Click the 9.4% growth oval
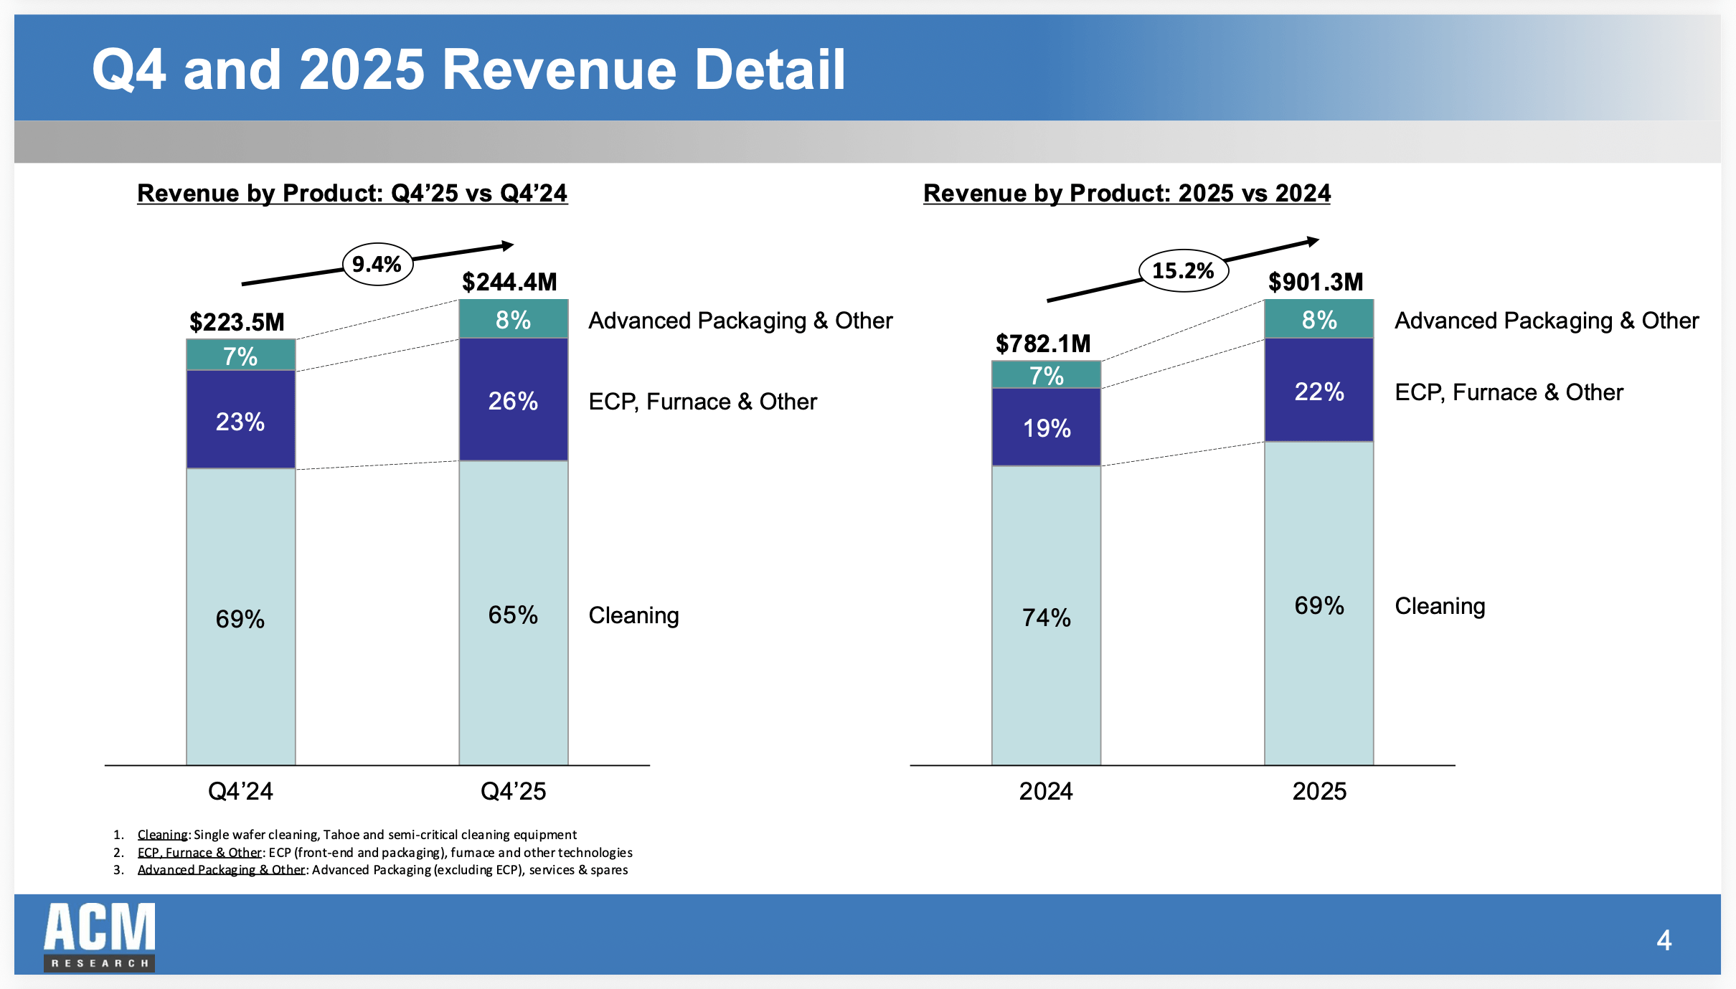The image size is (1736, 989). click(x=377, y=265)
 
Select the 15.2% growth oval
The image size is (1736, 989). click(x=1183, y=270)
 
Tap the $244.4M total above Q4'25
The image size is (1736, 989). click(x=509, y=282)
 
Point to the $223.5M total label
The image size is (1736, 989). click(x=237, y=322)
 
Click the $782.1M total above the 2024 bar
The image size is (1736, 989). click(x=1042, y=344)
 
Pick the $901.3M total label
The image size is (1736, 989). click(x=1315, y=282)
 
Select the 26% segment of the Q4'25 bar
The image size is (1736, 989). click(x=513, y=400)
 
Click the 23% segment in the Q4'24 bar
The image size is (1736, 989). click(x=240, y=421)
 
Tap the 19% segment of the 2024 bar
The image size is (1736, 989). click(x=1046, y=428)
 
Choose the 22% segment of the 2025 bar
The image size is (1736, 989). click(x=1318, y=392)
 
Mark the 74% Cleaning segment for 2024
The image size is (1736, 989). click(x=1046, y=617)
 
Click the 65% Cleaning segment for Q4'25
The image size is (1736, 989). click(x=513, y=615)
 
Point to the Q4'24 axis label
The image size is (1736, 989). click(x=240, y=791)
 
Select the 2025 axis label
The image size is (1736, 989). click(x=1318, y=791)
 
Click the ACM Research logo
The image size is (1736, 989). click(x=99, y=937)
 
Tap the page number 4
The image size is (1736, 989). click(x=1664, y=940)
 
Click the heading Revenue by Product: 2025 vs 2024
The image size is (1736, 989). click(x=1126, y=193)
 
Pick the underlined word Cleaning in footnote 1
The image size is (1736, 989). click(x=162, y=835)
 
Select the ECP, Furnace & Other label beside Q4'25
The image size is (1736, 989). click(x=702, y=402)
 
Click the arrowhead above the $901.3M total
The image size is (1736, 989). click(x=1313, y=242)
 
